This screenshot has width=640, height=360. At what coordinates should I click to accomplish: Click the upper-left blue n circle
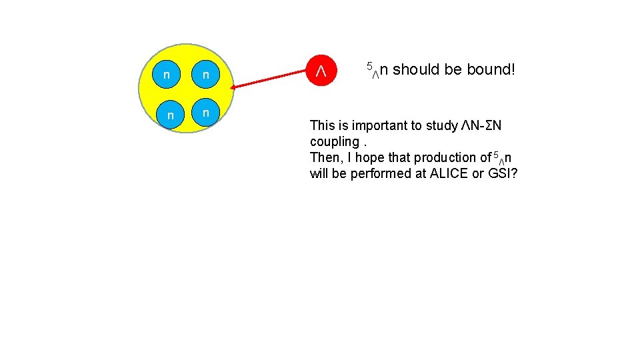click(165, 74)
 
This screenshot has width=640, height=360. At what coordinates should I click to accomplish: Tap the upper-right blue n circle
click(207, 74)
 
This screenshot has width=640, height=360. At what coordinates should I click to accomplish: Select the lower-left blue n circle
click(171, 115)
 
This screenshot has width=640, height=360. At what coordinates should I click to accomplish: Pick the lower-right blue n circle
click(207, 112)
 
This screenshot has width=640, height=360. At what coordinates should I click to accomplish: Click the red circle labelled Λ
click(320, 70)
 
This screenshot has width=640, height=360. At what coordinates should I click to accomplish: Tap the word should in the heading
click(415, 69)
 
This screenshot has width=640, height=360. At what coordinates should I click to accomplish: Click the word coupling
click(335, 141)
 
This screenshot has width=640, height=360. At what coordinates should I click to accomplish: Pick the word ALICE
click(454, 173)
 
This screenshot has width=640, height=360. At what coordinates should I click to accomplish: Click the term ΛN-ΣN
click(481, 125)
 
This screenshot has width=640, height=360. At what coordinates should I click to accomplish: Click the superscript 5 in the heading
click(369, 66)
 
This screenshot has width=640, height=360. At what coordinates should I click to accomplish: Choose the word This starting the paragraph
click(323, 125)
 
